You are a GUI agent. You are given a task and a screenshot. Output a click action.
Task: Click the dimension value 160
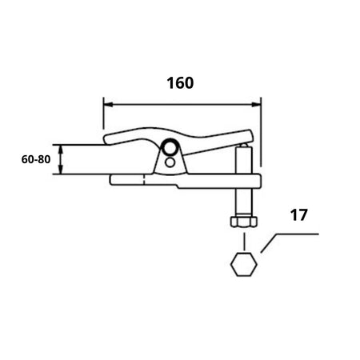click(x=180, y=82)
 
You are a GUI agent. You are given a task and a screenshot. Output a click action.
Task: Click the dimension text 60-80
click(x=36, y=159)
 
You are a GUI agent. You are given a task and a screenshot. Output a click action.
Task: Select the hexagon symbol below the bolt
click(x=243, y=264)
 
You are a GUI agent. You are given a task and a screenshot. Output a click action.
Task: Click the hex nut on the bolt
click(x=243, y=222)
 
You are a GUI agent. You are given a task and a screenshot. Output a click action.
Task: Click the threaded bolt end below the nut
click(x=243, y=234)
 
